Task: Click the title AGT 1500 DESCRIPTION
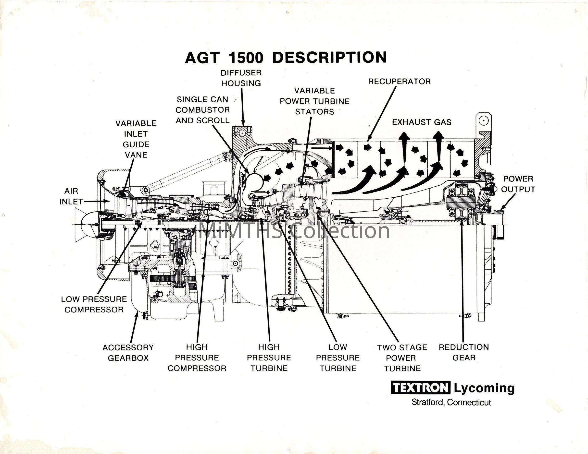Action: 286,58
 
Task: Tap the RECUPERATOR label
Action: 399,82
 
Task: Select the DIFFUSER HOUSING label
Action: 241,78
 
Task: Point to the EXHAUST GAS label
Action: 422,122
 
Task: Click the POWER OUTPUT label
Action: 518,184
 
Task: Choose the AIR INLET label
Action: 71,196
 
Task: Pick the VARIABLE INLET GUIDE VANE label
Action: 136,139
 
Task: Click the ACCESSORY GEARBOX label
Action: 128,353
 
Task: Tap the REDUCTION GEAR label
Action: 464,352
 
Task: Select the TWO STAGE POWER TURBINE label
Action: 402,358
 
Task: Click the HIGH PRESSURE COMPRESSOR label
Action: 197,358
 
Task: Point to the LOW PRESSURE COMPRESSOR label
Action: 94,304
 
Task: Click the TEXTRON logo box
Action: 420,388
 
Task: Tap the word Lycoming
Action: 484,388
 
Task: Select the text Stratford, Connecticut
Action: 451,402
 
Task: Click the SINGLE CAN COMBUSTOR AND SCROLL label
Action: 202,110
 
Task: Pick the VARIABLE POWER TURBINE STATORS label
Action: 314,101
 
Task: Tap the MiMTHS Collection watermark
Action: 294,230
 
